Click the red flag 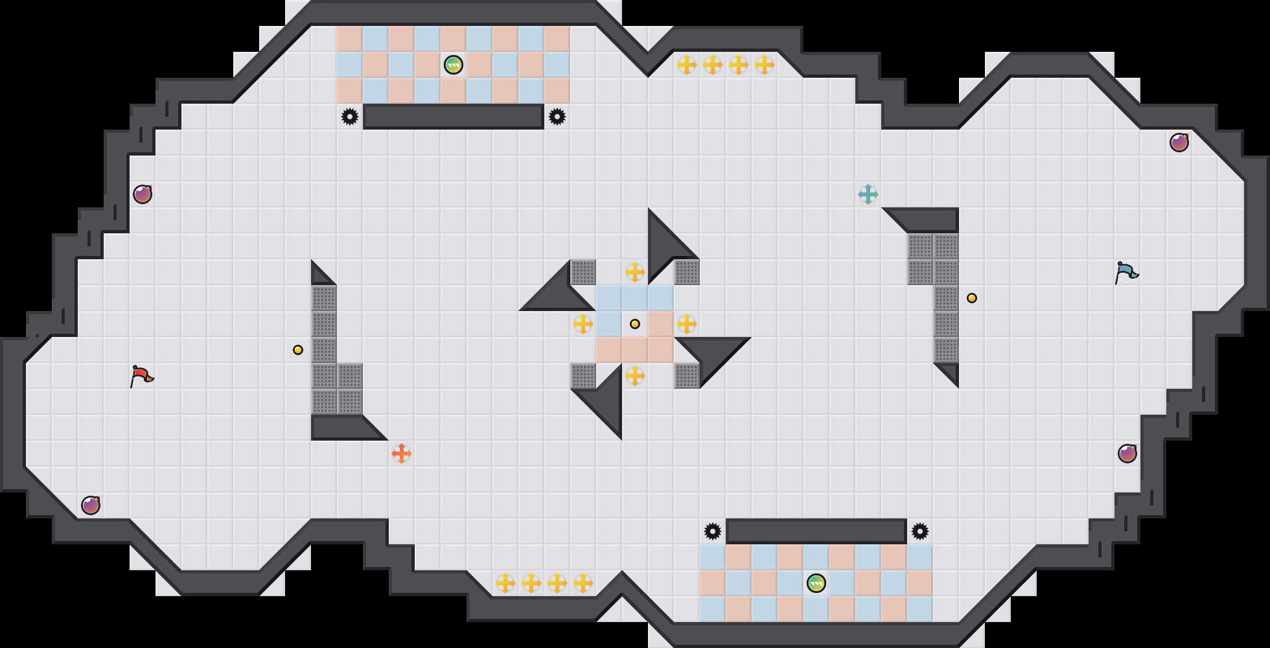[141, 376]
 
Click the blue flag [1126, 272]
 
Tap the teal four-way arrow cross [868, 194]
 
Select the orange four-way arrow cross [402, 454]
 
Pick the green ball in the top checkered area [454, 65]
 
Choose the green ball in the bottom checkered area [816, 583]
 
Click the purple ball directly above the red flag [143, 194]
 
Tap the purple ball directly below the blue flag [1127, 454]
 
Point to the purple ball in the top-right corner [1179, 143]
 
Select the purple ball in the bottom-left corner [91, 505]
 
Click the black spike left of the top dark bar [350, 117]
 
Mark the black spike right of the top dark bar [557, 117]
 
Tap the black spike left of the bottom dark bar [713, 531]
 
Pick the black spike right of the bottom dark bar [920, 531]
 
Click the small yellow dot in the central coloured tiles [635, 324]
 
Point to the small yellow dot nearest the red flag [298, 350]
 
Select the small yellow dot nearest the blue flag [972, 298]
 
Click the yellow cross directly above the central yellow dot [635, 272]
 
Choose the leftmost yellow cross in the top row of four [687, 65]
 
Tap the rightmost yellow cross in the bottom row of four [583, 583]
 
